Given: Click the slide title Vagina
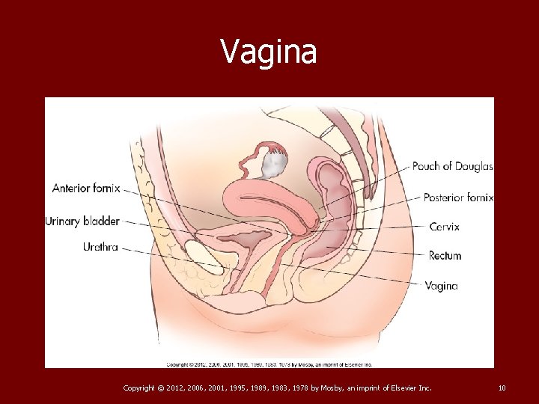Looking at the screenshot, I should (x=269, y=52).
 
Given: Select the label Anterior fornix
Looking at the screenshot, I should (x=86, y=188).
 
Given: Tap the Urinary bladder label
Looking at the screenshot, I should (x=82, y=221).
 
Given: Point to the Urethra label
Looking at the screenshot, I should (x=100, y=247).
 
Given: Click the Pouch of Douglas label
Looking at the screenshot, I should (x=452, y=166).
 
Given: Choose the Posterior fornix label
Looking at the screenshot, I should (x=458, y=198).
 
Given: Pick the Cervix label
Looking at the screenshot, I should (x=445, y=226).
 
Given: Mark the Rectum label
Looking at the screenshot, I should (x=445, y=256).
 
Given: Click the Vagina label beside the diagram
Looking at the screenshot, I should (x=441, y=286).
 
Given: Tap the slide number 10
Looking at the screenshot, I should (x=502, y=388).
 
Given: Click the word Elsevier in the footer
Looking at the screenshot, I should (x=402, y=388).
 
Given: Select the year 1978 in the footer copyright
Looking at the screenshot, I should (x=281, y=388).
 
